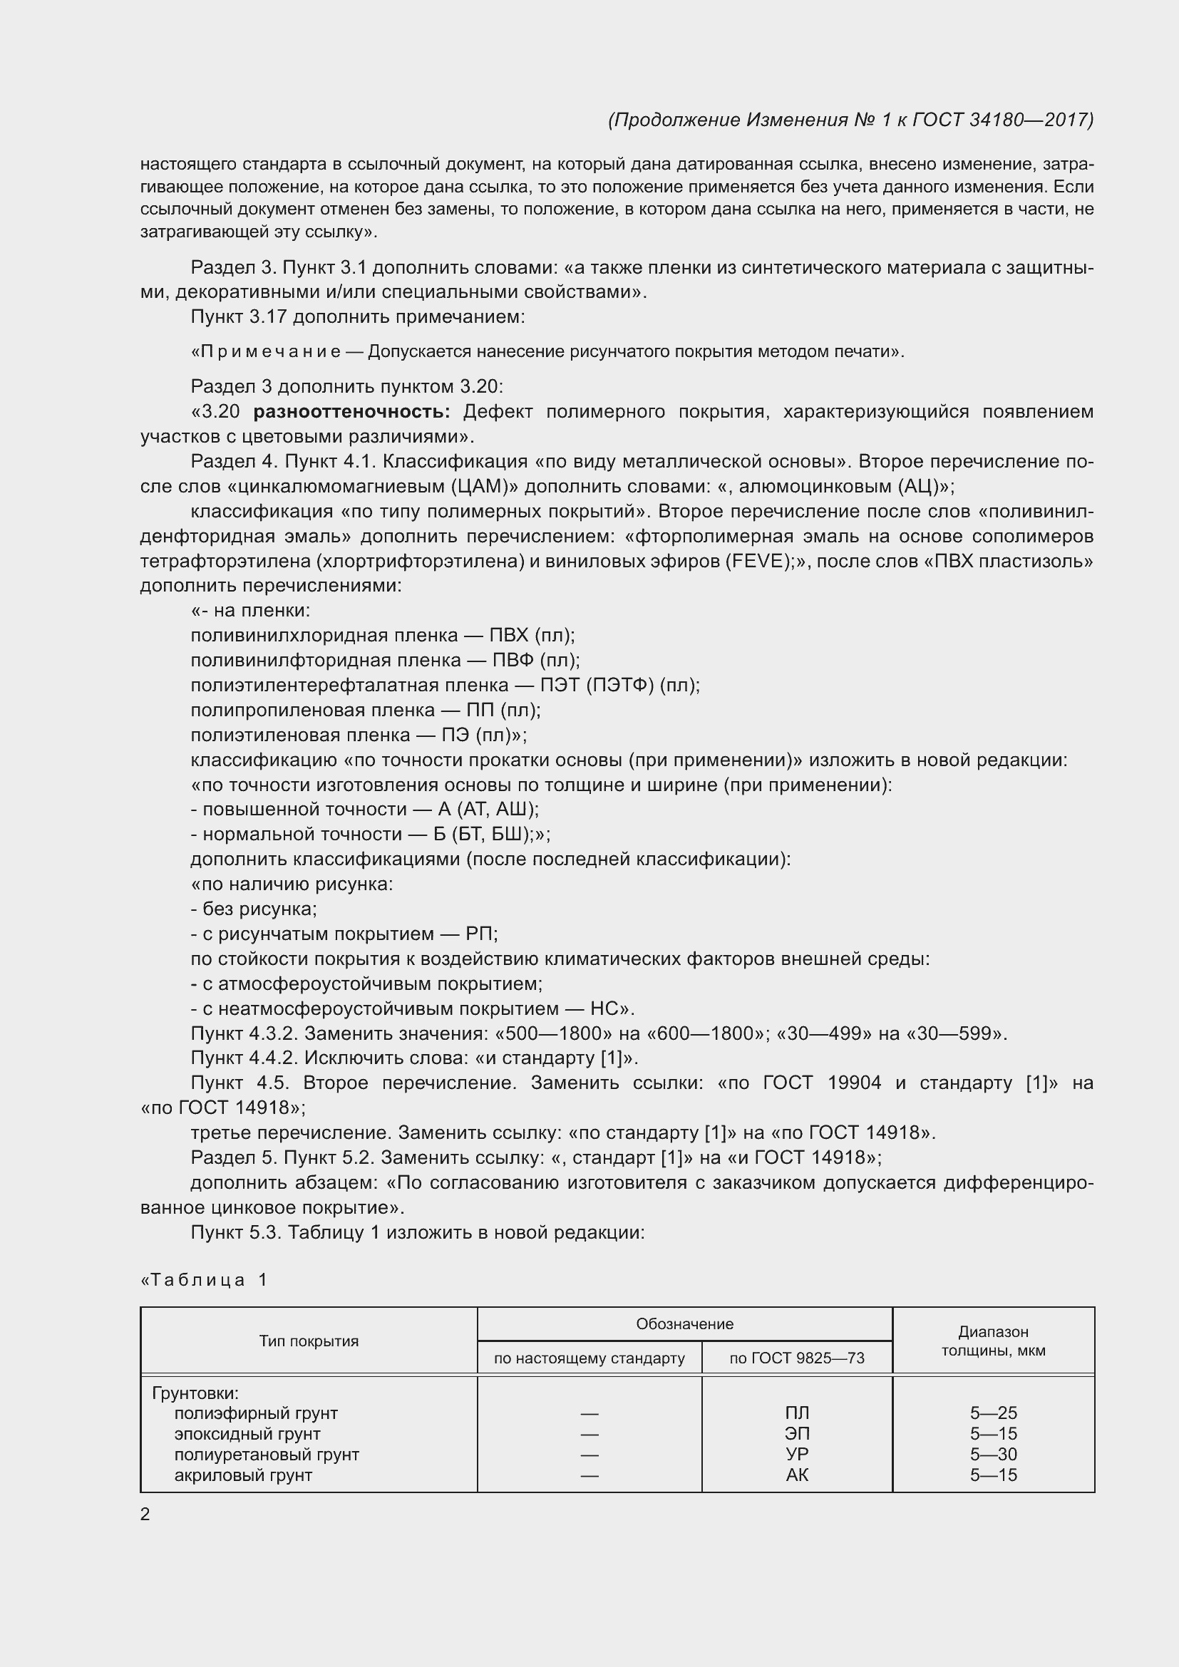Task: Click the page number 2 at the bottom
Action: [x=145, y=1514]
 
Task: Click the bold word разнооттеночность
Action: [x=351, y=412]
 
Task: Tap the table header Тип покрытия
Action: [x=309, y=1341]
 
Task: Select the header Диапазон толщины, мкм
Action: [x=992, y=1341]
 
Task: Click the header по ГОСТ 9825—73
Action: [x=796, y=1358]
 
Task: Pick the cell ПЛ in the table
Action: [x=796, y=1413]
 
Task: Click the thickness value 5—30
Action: [x=992, y=1455]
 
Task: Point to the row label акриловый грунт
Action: [x=243, y=1475]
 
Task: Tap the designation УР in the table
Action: [x=796, y=1455]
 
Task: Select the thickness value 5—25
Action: [x=992, y=1413]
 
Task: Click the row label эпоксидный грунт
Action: [x=247, y=1434]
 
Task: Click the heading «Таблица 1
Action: [x=204, y=1280]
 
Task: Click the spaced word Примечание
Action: [x=267, y=352]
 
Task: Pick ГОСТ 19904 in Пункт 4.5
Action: [x=822, y=1083]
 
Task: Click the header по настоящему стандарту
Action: [x=589, y=1358]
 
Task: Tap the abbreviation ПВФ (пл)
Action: [x=536, y=660]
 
